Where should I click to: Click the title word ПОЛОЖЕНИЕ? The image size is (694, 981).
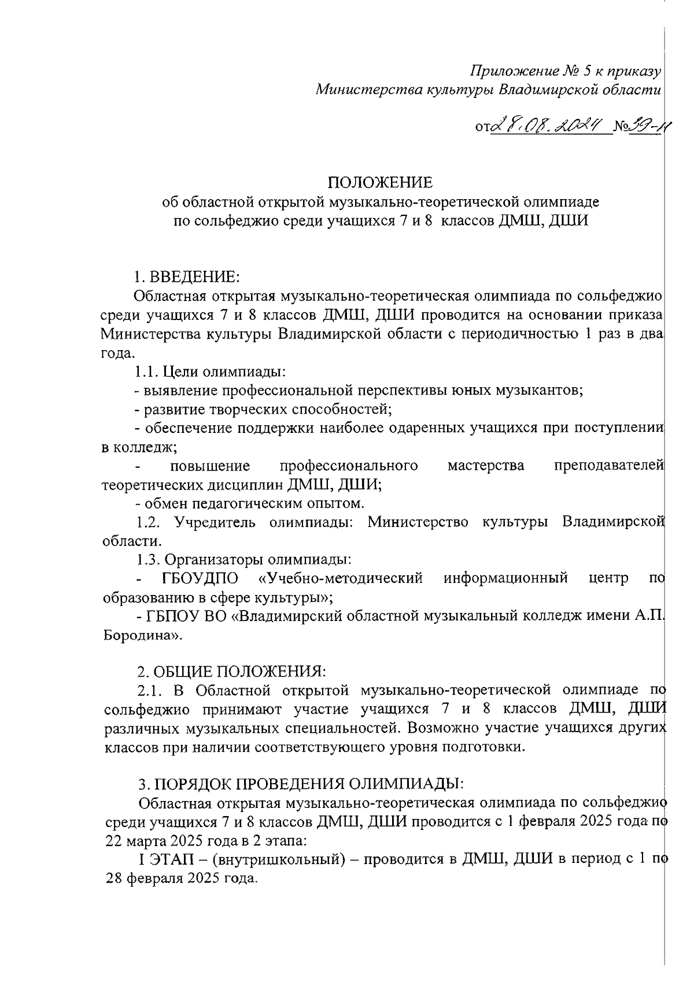[381, 183]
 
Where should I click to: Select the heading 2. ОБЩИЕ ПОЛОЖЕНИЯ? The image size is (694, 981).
[232, 671]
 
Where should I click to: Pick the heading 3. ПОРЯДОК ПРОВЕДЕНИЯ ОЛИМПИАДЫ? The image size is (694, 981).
[301, 784]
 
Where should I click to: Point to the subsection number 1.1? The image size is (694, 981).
[147, 371]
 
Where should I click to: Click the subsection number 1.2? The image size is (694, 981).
[148, 522]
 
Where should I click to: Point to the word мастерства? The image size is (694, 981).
[486, 466]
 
